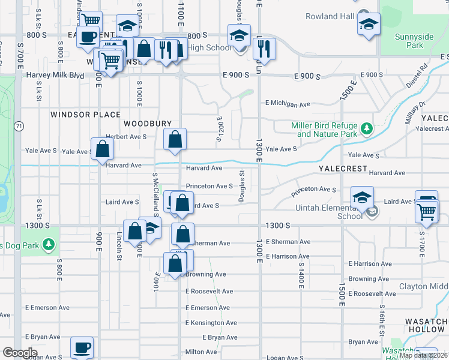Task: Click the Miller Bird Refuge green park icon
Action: click(x=366, y=127)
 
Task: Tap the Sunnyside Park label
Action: click(x=414, y=41)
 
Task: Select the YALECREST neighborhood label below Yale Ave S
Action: click(x=343, y=169)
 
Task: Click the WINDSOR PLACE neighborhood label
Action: click(x=85, y=115)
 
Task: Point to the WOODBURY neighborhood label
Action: click(x=143, y=123)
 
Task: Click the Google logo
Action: click(x=20, y=353)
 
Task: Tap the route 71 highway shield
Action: click(x=20, y=126)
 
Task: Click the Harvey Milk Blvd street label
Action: click(x=55, y=76)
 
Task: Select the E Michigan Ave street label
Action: click(x=288, y=104)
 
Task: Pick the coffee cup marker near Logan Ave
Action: click(x=82, y=347)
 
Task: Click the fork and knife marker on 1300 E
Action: click(x=265, y=48)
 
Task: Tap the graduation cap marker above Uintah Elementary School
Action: click(x=363, y=197)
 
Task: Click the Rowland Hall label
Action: click(x=330, y=16)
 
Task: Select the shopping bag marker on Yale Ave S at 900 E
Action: click(x=103, y=149)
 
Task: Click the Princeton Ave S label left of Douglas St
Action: click(x=209, y=186)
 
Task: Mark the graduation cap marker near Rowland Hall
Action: click(x=369, y=25)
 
